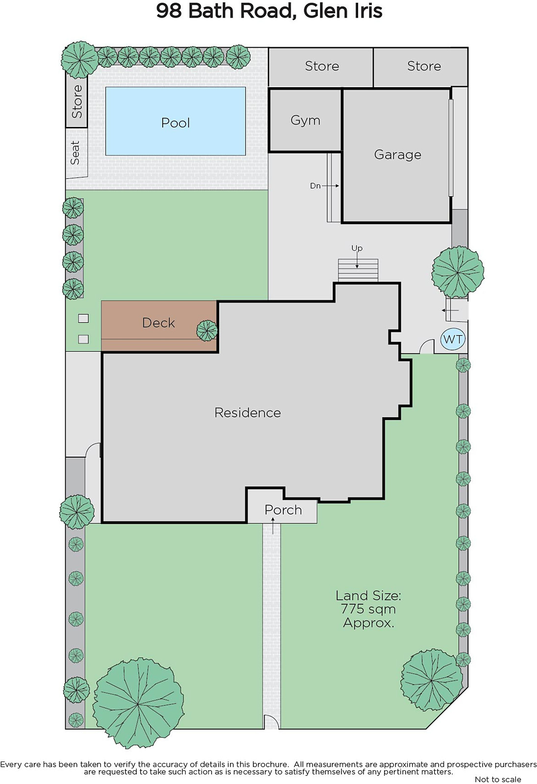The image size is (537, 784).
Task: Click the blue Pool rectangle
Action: coord(175,121)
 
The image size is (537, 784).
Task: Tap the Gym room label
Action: coord(305,121)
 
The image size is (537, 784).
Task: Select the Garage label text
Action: coord(398,154)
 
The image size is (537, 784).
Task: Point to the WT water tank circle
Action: coord(453,339)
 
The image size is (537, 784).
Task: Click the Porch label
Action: coord(283,510)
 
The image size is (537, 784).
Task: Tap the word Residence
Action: coord(247,413)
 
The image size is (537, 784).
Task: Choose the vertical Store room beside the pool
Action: coord(76,101)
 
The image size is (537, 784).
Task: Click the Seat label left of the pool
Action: coord(75,152)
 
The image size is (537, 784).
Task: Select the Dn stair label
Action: coord(315,186)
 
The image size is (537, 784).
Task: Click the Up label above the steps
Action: coord(357,248)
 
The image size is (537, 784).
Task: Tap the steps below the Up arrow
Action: coord(358,270)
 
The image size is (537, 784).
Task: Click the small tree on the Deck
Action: coord(207,331)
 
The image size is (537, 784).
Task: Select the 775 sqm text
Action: coord(368,609)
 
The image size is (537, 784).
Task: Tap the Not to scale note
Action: coord(498,779)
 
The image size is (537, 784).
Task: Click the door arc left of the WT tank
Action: coord(426,346)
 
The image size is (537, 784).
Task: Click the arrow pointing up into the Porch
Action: coord(273,526)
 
